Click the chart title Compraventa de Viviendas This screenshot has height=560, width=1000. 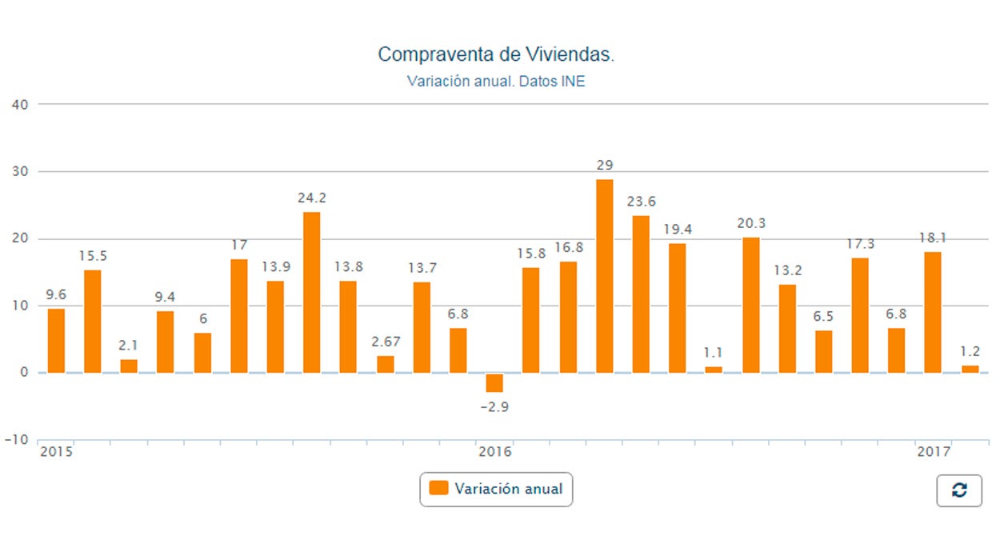click(496, 54)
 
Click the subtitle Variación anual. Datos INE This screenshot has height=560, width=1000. click(496, 82)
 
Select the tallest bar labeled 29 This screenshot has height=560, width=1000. click(605, 276)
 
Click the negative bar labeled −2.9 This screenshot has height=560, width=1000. click(494, 383)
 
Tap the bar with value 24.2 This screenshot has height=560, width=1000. click(311, 292)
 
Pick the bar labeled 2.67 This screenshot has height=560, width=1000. click(386, 364)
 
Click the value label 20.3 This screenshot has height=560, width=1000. click(751, 224)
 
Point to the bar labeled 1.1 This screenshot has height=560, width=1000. click(714, 370)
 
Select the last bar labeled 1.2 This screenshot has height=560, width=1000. click(970, 369)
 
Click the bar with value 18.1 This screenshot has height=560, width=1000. click(933, 312)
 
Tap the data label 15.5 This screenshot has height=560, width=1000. click(93, 256)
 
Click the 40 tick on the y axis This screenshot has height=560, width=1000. click(19, 104)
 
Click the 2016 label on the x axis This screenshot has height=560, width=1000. click(494, 452)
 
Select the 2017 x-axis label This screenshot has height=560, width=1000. click(933, 452)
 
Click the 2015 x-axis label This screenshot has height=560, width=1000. click(56, 452)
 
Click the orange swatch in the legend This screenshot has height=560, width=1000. click(438, 488)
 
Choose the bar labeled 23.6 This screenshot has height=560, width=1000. click(641, 294)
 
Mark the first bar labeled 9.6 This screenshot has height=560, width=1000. click(56, 341)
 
